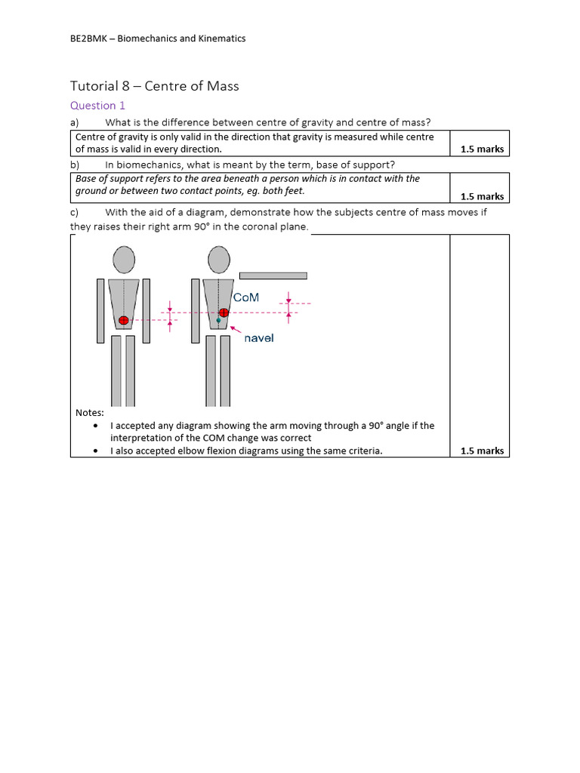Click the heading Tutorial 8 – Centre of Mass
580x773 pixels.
coord(154,86)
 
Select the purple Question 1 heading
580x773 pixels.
coord(97,106)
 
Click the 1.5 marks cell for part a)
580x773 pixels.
coord(481,149)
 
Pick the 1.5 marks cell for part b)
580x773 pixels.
coord(481,196)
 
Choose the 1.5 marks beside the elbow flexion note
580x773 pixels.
coord(481,451)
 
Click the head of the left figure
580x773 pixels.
coord(124,260)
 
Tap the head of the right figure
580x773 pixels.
coord(219,260)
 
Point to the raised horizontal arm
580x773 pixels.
coord(273,276)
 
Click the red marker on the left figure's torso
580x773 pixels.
coord(124,320)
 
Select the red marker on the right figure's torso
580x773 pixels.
coord(224,313)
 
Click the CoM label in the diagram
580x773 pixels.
coord(246,297)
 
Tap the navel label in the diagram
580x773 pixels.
coord(259,338)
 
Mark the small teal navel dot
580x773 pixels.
coord(219,321)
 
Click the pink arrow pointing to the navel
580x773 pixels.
coord(235,330)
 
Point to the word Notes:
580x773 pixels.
coord(90,412)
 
